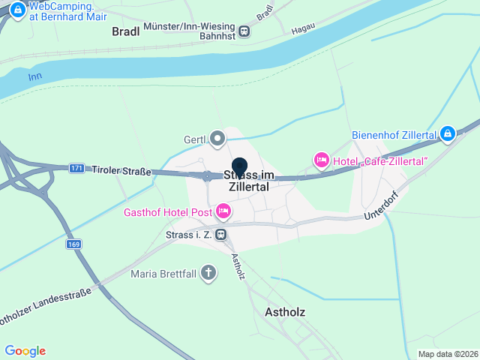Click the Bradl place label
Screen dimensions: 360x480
[x=126, y=31]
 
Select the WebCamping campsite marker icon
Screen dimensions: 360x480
[x=16, y=10]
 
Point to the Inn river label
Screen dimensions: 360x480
[x=34, y=76]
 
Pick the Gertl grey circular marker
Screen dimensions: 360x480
[x=217, y=139]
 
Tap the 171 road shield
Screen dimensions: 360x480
[x=76, y=168]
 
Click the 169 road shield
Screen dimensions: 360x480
[x=73, y=244]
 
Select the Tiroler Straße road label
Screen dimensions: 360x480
[x=121, y=171]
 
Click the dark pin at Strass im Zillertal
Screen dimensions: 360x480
[x=240, y=166]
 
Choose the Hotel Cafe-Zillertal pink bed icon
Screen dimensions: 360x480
[x=322, y=160]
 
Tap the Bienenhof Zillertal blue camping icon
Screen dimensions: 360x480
[x=448, y=133]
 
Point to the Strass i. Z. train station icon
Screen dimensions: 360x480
[x=220, y=235]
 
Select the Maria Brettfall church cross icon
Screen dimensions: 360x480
[x=208, y=273]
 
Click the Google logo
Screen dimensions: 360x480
[x=25, y=351]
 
